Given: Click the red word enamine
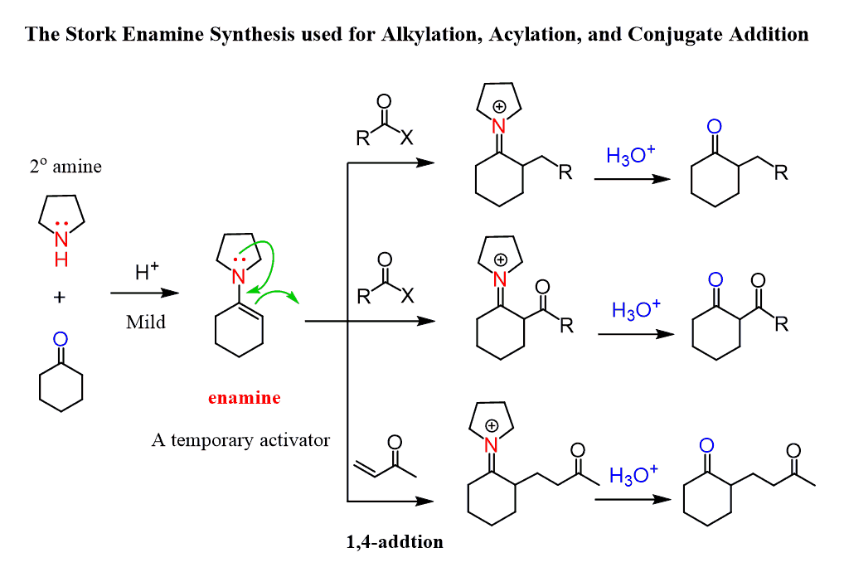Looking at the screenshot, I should click(244, 398).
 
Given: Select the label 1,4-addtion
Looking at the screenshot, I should click(395, 543).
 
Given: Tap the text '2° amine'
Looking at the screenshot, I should click(65, 167).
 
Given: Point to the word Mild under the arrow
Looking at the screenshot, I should click(146, 322).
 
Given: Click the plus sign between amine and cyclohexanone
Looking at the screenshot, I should click(60, 298).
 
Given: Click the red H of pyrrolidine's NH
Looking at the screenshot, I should click(61, 260).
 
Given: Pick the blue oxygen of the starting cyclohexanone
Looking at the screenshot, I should click(61, 339).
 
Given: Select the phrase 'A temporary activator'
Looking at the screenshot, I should click(240, 440).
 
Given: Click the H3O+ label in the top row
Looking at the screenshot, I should click(630, 155).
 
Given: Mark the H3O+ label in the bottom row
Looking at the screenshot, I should click(633, 474).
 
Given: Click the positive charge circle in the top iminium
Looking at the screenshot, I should click(499, 107).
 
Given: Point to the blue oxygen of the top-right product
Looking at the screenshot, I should click(715, 127).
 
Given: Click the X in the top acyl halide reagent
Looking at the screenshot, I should click(405, 139).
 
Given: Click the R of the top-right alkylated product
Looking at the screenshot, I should click(781, 173).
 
